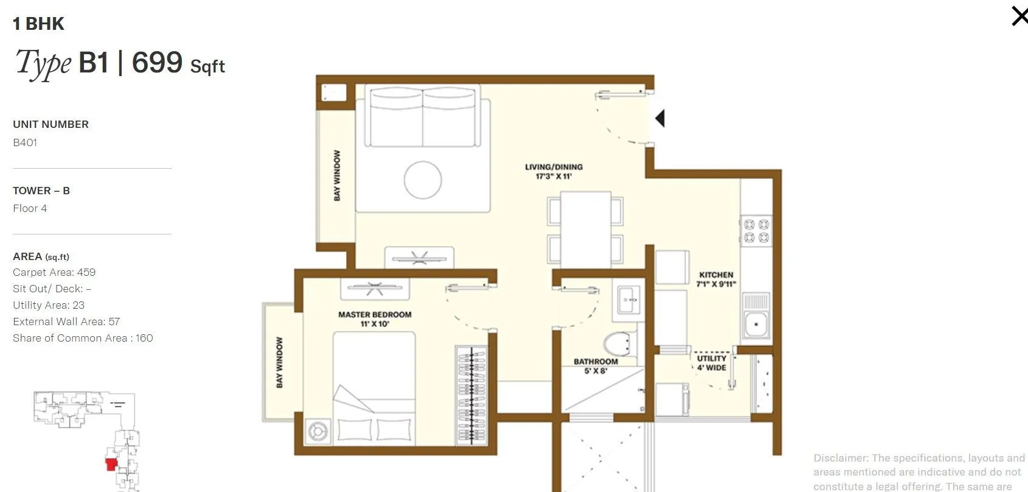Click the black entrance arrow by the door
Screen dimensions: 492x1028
(660, 118)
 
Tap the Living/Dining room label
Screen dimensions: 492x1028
(554, 172)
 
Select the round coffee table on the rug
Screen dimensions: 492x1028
(423, 180)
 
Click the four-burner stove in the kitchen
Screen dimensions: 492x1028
(756, 231)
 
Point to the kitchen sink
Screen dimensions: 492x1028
(757, 323)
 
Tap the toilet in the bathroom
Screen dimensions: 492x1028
(620, 345)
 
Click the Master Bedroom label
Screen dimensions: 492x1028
(375, 319)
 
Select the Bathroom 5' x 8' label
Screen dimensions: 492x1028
(596, 366)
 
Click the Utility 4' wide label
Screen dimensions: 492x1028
(711, 363)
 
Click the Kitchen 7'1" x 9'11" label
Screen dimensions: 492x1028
(716, 279)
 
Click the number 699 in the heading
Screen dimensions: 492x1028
(157, 62)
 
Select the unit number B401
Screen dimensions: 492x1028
(25, 142)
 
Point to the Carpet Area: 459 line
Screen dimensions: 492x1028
(54, 272)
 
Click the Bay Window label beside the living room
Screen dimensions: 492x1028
(337, 175)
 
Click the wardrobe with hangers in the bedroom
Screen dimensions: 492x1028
(471, 395)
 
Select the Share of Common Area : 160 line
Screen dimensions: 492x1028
(83, 338)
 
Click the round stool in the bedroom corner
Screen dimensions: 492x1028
(318, 431)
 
